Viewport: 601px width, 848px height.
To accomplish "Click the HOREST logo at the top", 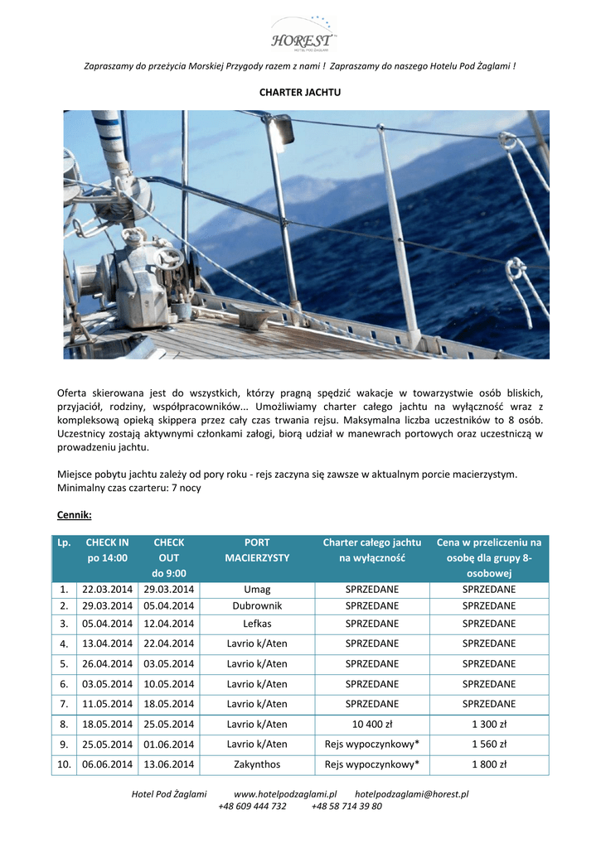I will click(x=302, y=35).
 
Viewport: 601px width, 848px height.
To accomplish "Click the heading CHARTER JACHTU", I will click(x=300, y=92).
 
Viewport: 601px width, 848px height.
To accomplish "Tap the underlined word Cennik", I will click(x=74, y=515).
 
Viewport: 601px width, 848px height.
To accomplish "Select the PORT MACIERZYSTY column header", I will click(x=257, y=550).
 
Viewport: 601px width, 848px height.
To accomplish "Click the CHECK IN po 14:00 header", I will click(x=107, y=550).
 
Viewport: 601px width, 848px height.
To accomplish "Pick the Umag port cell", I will click(x=257, y=590).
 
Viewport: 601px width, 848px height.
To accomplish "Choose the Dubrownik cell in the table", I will click(x=257, y=606).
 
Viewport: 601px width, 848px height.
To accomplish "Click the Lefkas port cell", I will click(x=257, y=624).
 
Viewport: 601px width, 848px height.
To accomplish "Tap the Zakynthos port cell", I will click(x=257, y=764).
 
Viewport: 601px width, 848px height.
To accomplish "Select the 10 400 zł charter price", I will click(x=372, y=724).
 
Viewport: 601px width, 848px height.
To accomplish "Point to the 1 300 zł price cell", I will click(x=489, y=724).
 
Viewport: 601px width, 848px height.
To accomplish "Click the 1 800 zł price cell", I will click(x=489, y=764).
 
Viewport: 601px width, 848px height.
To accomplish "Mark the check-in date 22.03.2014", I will click(x=107, y=590).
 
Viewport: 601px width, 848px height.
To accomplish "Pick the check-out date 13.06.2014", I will click(x=169, y=764).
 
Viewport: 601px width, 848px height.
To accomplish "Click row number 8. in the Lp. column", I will click(x=64, y=724).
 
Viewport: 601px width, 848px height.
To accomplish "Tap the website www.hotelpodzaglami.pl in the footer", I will click(x=285, y=793).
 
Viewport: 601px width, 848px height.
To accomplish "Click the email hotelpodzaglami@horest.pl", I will click(x=411, y=793).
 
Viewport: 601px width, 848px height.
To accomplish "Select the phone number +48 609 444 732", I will click(x=252, y=806).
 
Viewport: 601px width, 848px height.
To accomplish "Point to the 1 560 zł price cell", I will click(x=489, y=744).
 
